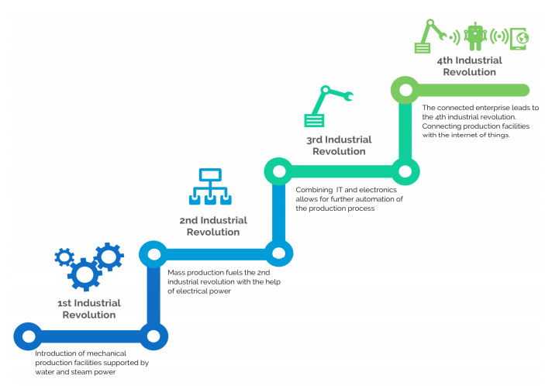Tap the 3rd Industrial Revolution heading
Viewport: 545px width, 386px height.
339,145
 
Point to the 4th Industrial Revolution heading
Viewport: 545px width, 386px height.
469,66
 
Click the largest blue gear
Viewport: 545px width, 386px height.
84,273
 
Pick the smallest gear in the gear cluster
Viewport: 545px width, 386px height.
64,257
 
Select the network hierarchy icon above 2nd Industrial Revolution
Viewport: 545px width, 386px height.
208,187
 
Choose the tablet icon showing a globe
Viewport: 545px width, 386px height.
520,36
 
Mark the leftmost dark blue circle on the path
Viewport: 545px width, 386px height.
27,336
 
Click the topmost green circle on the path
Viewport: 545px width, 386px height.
403,90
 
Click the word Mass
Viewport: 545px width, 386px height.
178,272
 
